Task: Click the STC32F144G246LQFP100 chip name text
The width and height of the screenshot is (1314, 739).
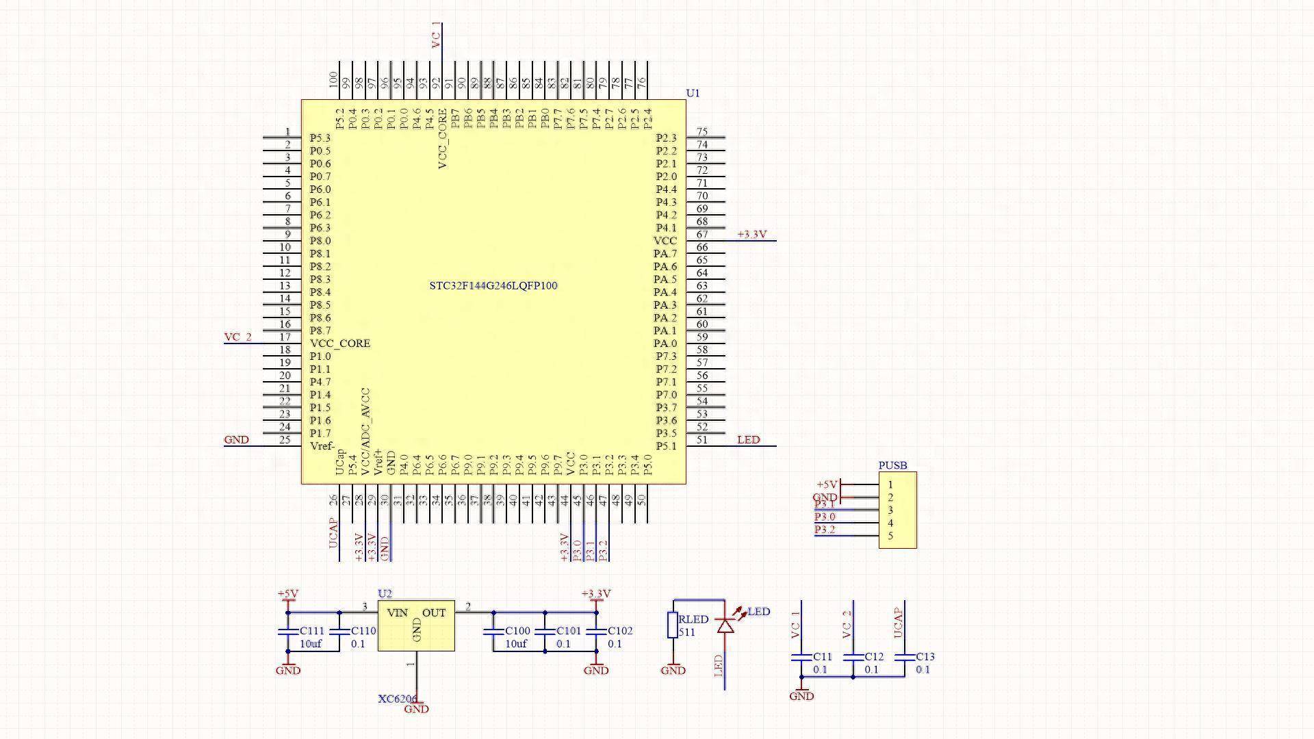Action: click(493, 286)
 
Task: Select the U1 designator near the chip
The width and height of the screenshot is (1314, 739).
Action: click(693, 93)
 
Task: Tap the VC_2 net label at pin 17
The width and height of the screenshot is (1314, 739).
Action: click(237, 337)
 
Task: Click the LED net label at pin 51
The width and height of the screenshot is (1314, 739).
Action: click(748, 440)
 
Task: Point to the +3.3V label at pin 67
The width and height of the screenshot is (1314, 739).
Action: click(751, 235)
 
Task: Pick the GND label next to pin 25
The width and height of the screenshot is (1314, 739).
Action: click(236, 440)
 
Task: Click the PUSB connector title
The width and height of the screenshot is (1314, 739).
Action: click(892, 466)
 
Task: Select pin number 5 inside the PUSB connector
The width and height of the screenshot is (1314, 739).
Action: click(890, 536)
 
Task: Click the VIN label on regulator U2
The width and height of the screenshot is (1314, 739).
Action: click(397, 613)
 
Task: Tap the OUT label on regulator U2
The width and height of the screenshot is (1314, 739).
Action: click(434, 613)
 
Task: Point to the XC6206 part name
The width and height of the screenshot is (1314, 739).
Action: click(397, 699)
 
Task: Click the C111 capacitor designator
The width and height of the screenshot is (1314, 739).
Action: click(311, 631)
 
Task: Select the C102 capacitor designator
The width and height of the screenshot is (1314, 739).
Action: click(620, 631)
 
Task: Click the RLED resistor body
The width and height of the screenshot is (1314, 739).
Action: click(673, 625)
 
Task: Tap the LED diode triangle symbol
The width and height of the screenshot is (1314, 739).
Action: click(725, 625)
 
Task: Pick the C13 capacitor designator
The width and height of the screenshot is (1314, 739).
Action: click(925, 657)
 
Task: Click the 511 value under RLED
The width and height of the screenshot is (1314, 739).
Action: click(686, 632)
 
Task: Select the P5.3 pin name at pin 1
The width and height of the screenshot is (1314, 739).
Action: click(320, 138)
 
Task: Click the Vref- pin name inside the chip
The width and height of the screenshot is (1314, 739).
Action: click(322, 447)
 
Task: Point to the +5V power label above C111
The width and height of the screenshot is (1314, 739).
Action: click(287, 594)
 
